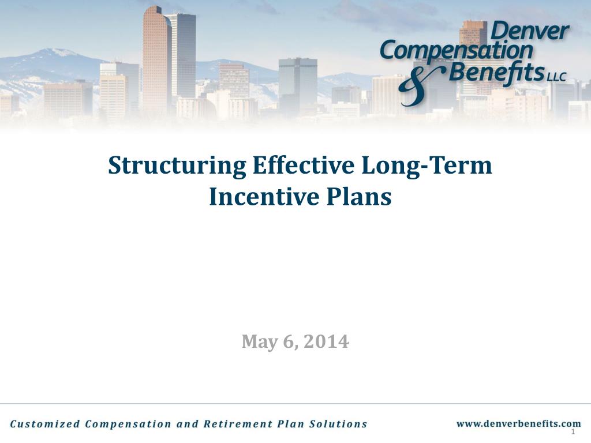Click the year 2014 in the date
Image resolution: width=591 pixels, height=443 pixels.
point(326,341)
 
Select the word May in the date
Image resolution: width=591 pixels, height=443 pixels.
point(259,341)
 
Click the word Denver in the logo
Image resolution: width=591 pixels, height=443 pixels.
point(529,32)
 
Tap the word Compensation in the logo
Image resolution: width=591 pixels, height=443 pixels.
point(456,51)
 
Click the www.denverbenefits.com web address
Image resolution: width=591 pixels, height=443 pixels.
point(518,423)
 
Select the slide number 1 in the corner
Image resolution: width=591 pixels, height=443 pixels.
point(573,432)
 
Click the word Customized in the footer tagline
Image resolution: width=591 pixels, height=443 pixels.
point(44,424)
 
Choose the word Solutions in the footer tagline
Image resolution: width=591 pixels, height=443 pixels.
point(338,424)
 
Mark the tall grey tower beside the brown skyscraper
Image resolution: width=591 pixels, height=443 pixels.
point(183,55)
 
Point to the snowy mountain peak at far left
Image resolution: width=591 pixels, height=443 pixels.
point(58,53)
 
